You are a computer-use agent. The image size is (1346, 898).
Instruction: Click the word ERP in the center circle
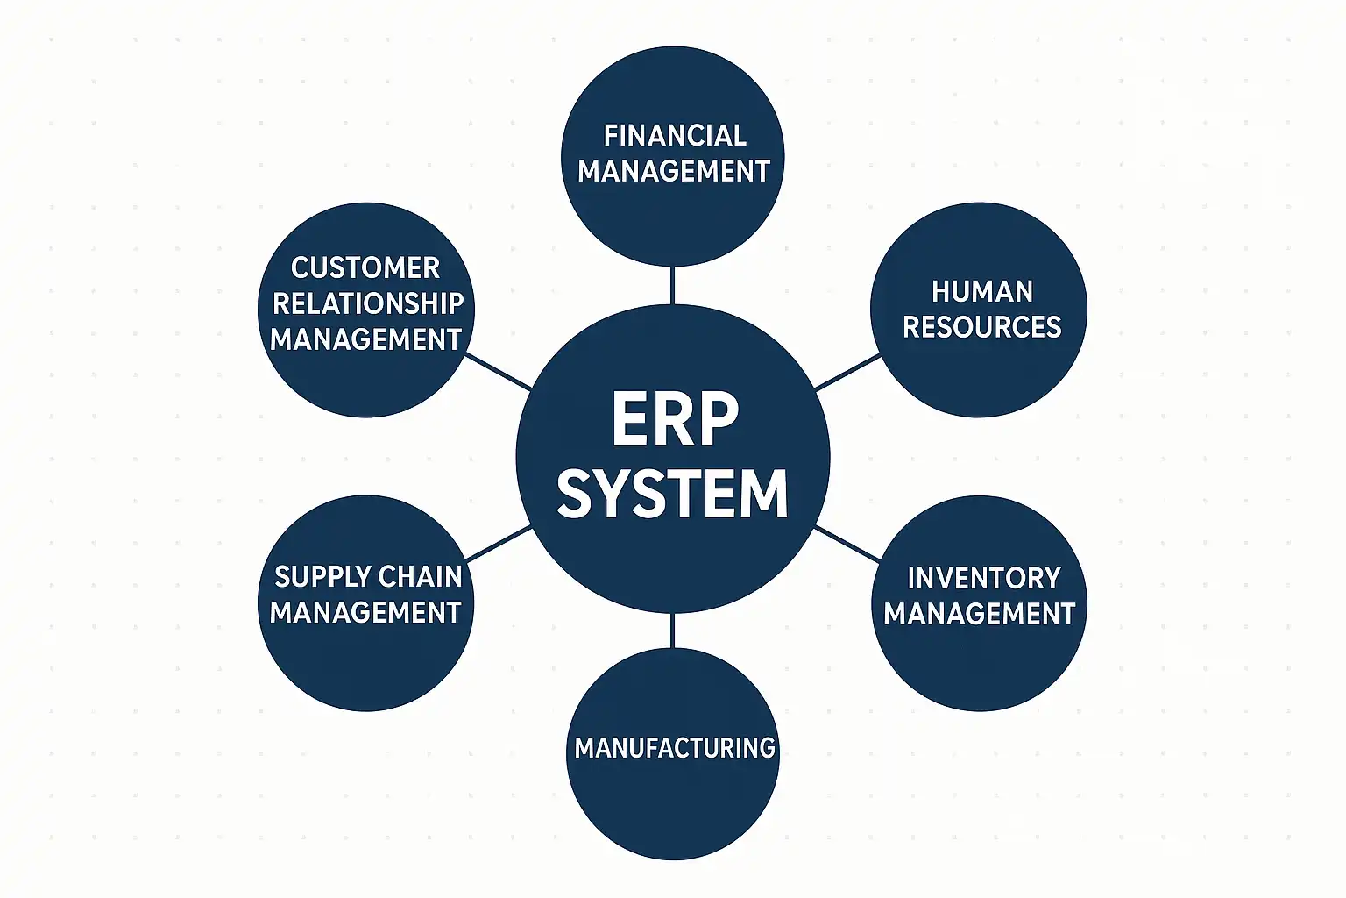(x=674, y=420)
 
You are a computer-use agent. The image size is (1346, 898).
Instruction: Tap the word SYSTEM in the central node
(x=672, y=494)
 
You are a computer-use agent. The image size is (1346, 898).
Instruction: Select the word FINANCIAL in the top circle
(x=675, y=136)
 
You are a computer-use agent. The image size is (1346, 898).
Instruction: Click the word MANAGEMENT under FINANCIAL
(x=673, y=171)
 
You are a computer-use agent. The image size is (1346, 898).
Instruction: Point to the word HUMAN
(x=981, y=292)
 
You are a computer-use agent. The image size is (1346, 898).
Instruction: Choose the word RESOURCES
(x=981, y=327)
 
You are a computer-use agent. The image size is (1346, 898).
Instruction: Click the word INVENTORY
(x=983, y=579)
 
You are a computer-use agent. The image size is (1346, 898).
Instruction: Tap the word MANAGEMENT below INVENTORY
(x=979, y=614)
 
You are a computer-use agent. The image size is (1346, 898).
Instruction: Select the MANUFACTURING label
(x=675, y=748)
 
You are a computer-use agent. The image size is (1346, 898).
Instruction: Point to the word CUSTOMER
(x=365, y=267)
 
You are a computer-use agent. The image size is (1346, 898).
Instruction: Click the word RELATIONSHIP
(x=368, y=303)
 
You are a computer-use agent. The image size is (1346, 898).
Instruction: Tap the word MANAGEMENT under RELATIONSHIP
(x=365, y=339)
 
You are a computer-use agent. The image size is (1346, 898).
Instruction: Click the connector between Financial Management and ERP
(x=672, y=284)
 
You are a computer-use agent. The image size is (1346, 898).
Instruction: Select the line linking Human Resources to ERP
(x=847, y=372)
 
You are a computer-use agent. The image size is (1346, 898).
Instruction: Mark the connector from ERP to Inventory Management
(x=847, y=545)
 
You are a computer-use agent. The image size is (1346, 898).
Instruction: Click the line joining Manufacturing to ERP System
(x=672, y=631)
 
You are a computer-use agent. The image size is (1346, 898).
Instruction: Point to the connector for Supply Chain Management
(x=499, y=544)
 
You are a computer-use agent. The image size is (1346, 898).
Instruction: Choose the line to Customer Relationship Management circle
(x=499, y=372)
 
